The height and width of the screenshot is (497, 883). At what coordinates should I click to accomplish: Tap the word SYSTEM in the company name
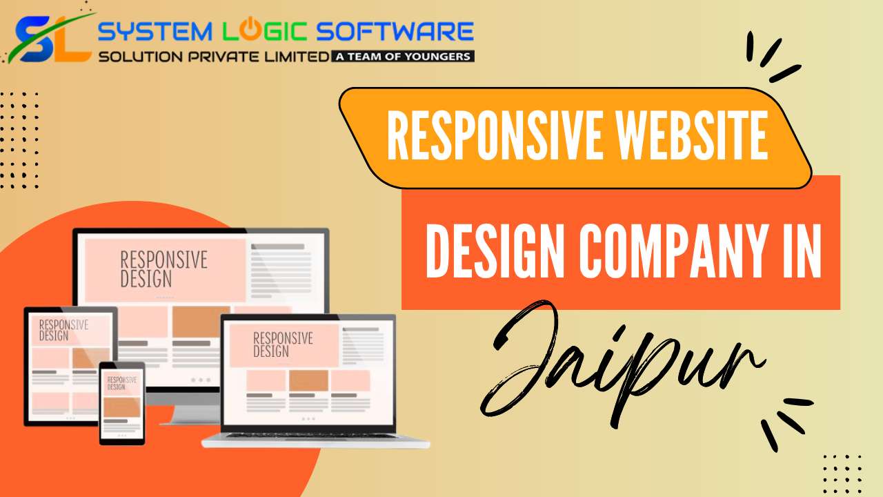click(x=155, y=32)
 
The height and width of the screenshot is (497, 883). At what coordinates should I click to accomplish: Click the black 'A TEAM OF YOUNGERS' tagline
click(x=402, y=57)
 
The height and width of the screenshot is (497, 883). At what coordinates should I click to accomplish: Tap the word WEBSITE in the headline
click(x=692, y=135)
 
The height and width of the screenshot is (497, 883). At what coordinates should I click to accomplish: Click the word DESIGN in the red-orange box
click(x=495, y=251)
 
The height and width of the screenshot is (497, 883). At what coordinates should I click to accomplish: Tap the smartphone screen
click(x=122, y=404)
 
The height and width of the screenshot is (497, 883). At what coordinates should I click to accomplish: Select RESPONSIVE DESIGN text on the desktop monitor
click(x=163, y=269)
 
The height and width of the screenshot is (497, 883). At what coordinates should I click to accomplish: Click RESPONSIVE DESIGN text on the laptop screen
click(x=283, y=344)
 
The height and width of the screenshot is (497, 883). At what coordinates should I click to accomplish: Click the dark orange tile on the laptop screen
click(x=308, y=380)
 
